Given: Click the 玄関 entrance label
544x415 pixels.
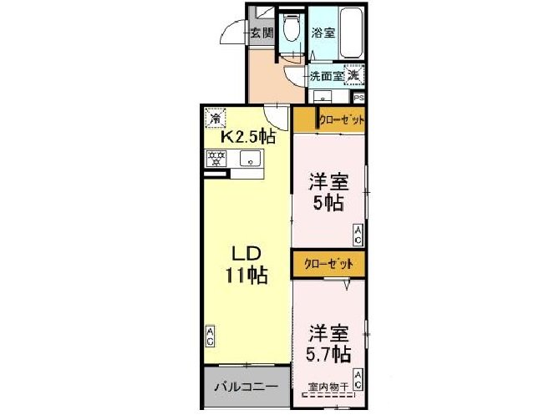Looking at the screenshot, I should click(262, 34).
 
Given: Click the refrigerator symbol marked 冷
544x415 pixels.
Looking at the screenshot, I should click(215, 118).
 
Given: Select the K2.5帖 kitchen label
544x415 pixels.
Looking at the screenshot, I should click(247, 135).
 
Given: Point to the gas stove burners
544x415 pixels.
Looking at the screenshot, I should click(217, 157).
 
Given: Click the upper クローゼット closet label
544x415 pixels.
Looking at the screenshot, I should click(341, 120).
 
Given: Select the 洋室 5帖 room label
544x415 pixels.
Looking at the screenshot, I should click(328, 191).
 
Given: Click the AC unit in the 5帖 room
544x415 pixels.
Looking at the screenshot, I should click(358, 236).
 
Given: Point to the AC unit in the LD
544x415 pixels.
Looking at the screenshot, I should click(210, 337).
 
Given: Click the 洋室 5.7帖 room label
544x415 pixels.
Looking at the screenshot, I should click(328, 342).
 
